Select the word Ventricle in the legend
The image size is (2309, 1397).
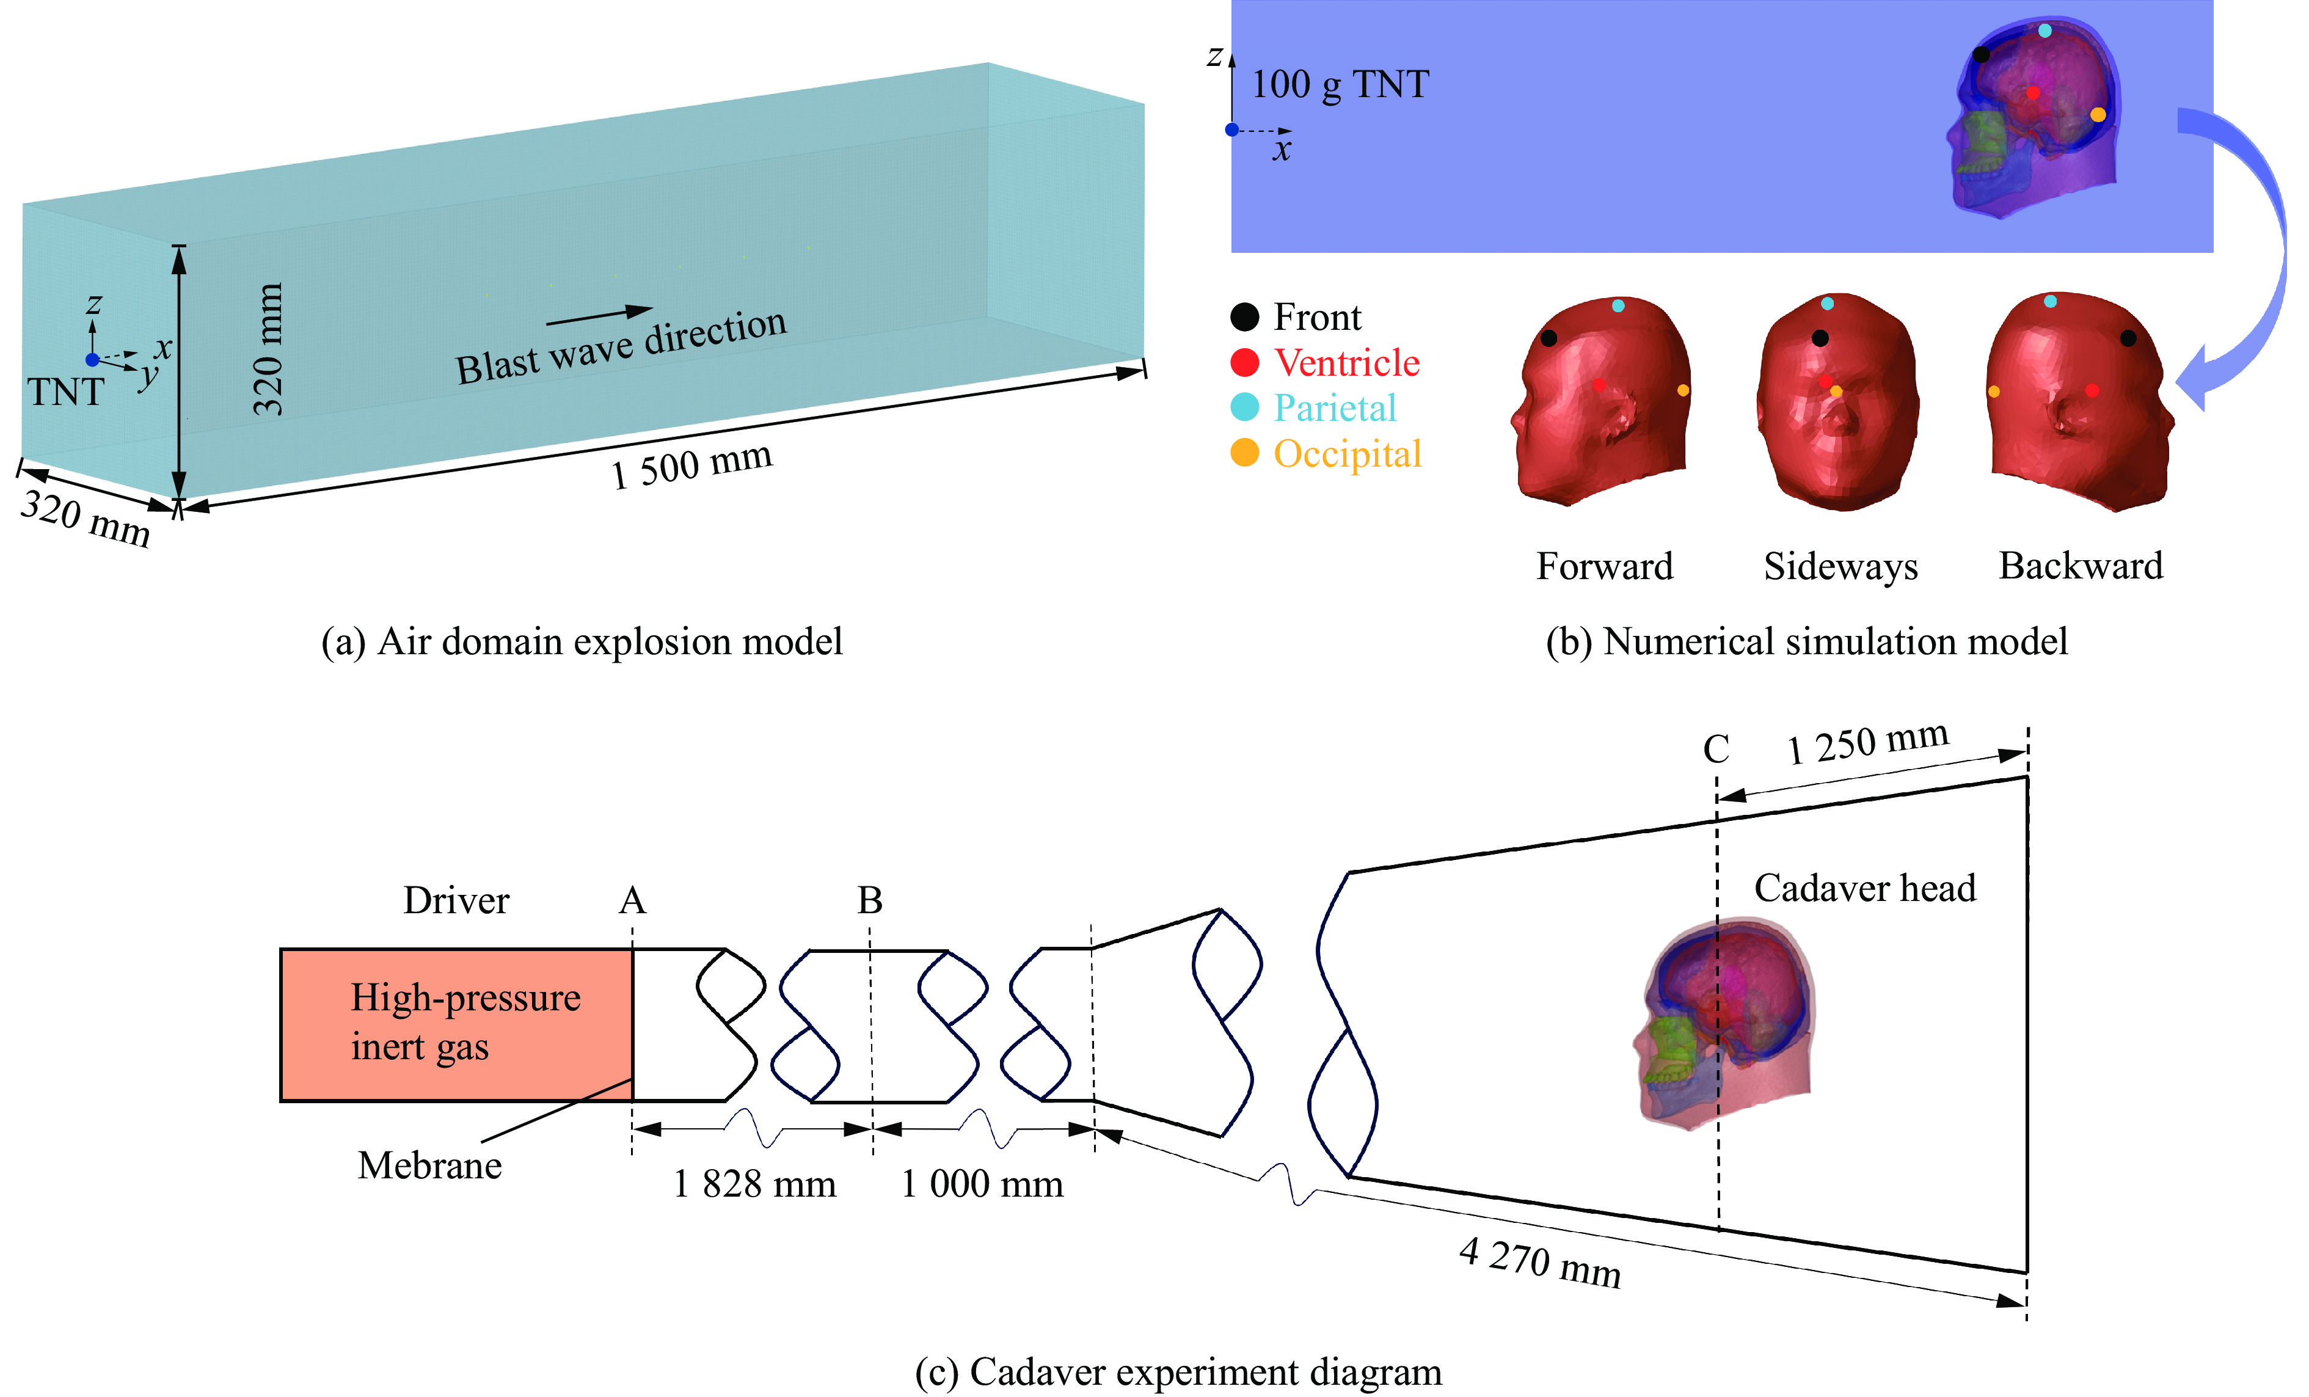point(1346,363)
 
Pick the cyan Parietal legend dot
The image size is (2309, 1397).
point(1244,407)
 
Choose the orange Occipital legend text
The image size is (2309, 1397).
point(1346,453)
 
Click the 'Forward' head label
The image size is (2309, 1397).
point(1604,566)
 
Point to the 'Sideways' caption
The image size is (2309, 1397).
point(1840,566)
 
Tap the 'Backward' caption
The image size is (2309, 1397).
point(2081,566)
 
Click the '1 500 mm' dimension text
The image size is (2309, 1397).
point(691,465)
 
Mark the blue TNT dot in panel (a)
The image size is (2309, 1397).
point(92,360)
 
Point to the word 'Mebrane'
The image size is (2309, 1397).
point(430,1165)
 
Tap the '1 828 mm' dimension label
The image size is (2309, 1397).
point(754,1184)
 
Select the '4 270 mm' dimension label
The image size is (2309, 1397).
point(1540,1261)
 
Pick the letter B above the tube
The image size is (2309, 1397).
point(870,900)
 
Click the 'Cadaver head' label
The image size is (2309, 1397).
point(1865,888)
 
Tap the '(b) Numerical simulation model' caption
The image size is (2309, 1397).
point(1807,642)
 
